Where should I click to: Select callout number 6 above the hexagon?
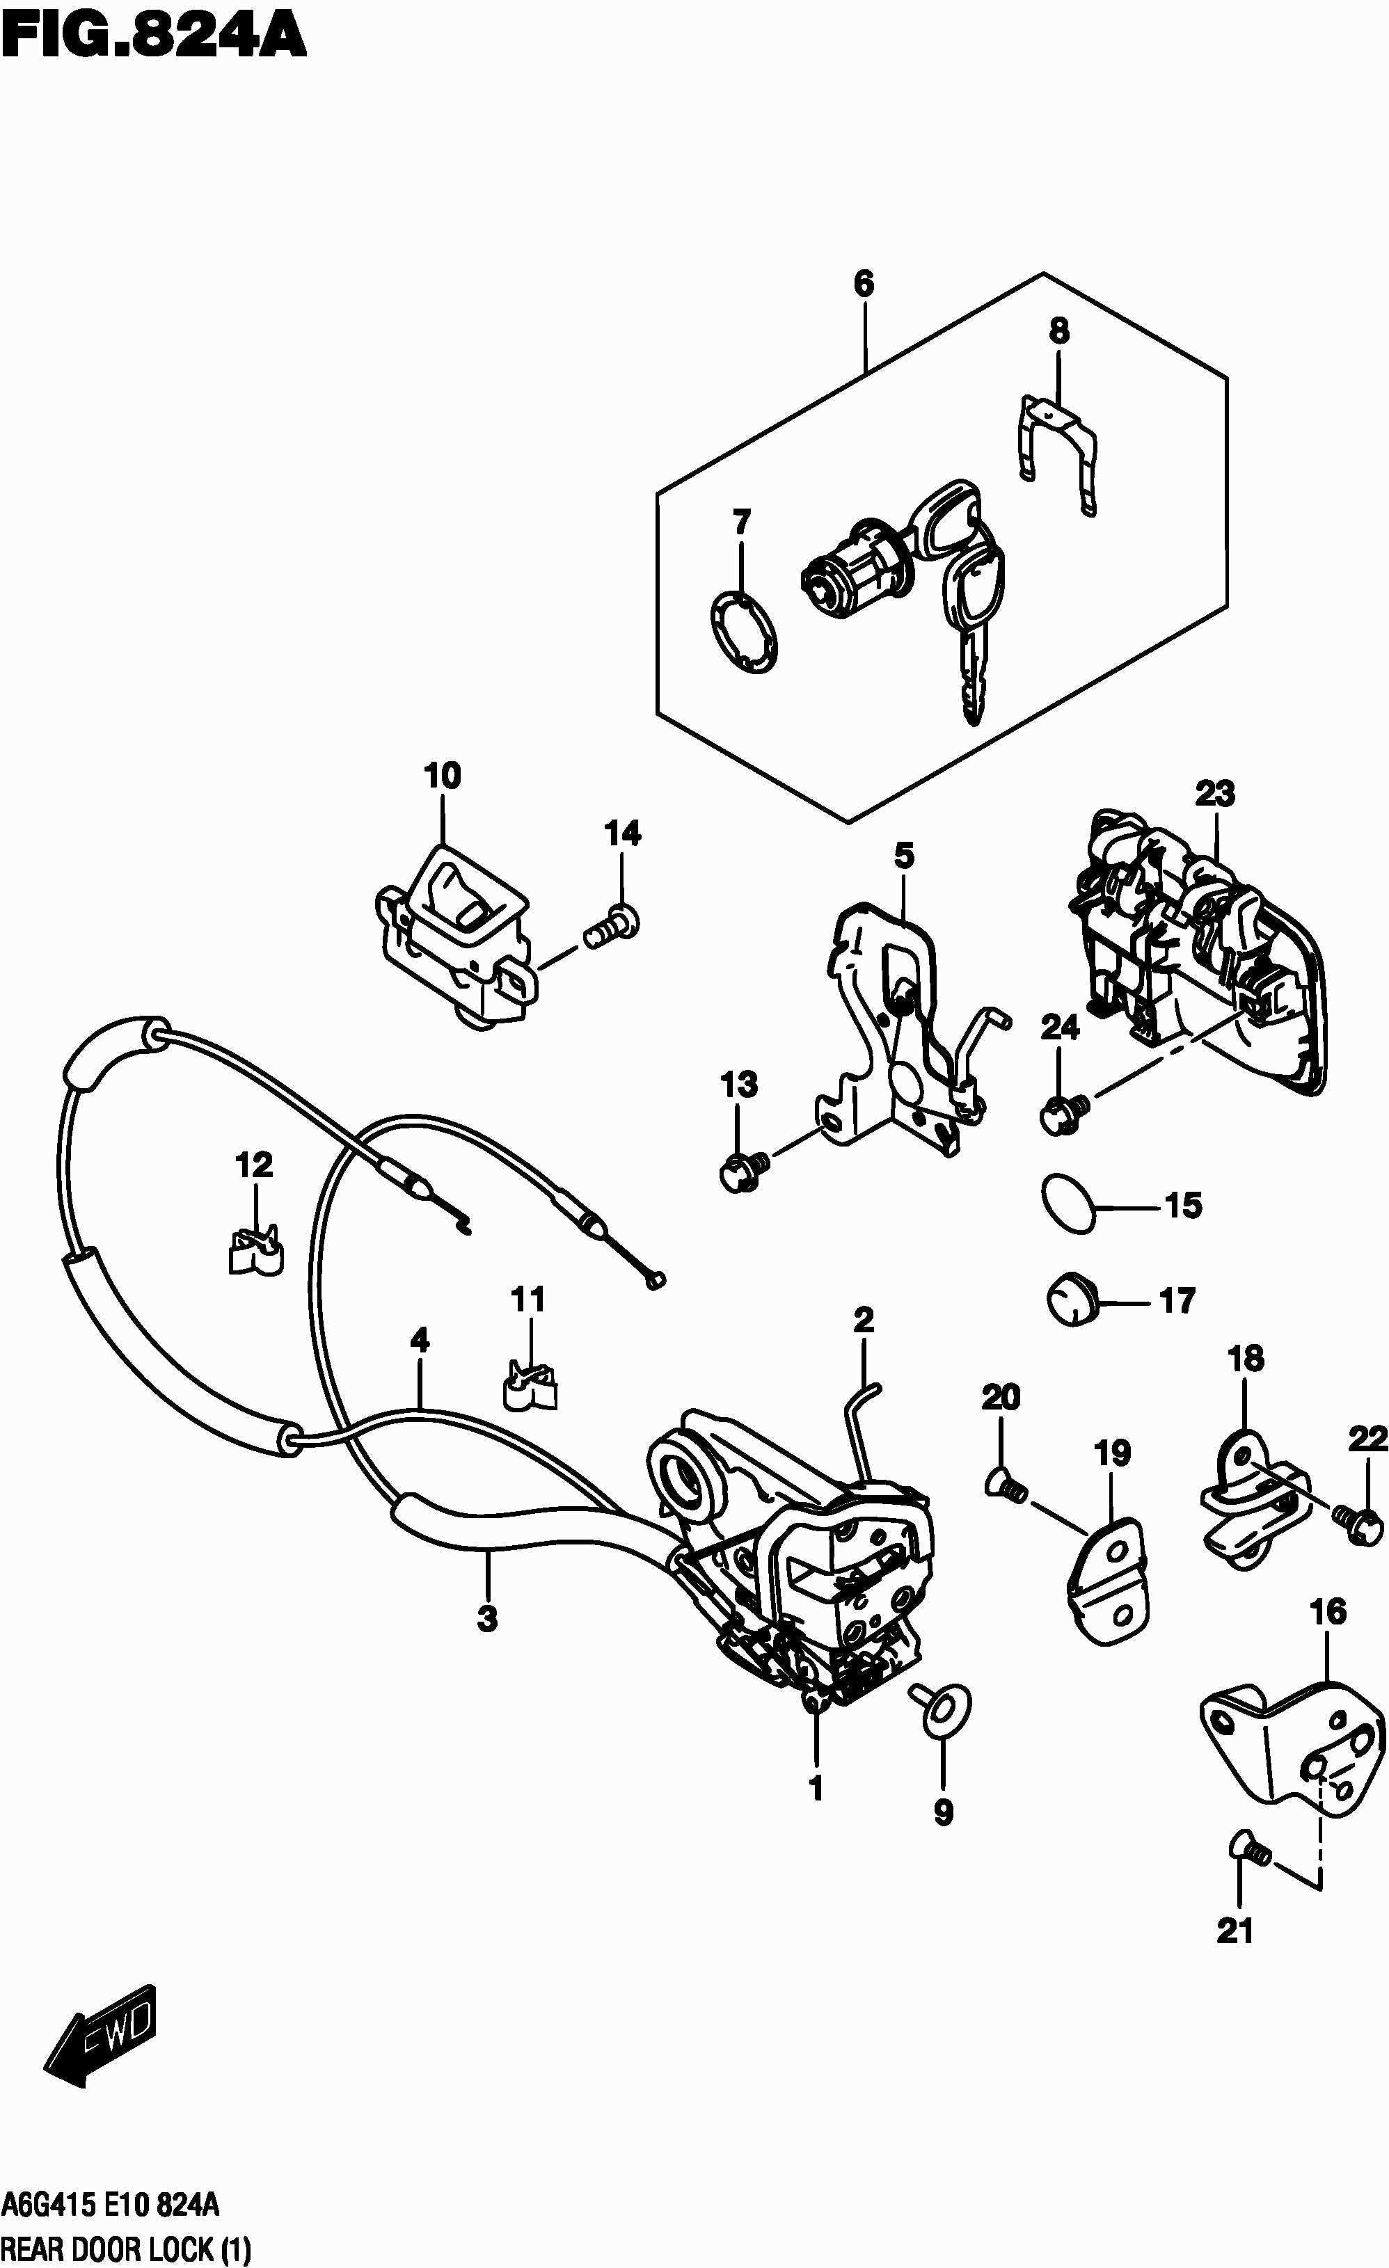click(864, 284)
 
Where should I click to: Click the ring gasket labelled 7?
click(745, 632)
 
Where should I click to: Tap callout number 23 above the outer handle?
click(1214, 793)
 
